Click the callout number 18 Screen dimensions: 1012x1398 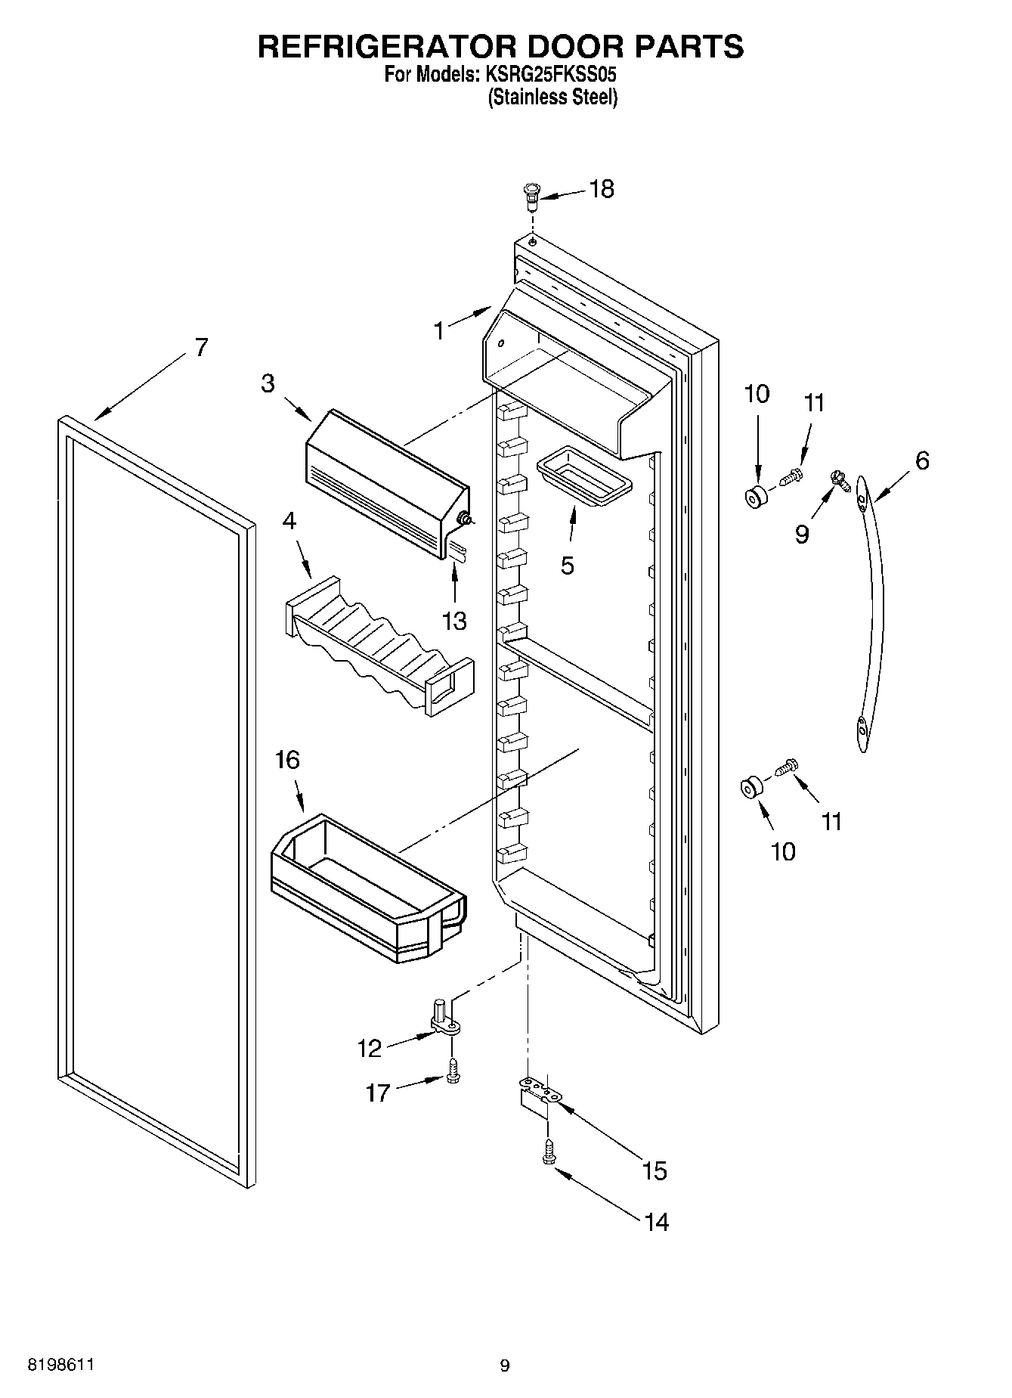coord(602,189)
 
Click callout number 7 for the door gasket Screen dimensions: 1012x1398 coord(200,348)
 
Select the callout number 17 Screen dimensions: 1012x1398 coord(378,1092)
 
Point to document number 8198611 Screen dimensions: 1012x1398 coord(60,1364)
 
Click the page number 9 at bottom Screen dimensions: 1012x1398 coord(505,1365)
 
